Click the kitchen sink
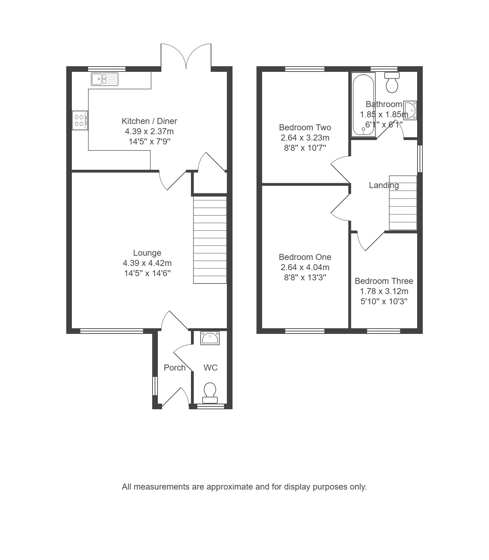pos(105,79)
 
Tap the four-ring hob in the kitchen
pos(80,120)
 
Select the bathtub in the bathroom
pos(363,104)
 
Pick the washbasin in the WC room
pos(210,338)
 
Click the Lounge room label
pos(147,253)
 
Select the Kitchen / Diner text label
pos(149,121)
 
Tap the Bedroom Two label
pos(305,127)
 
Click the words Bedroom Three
pos(384,281)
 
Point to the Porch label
pos(175,368)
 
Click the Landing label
pos(384,185)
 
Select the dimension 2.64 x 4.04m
pos(305,267)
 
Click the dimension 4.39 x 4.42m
pos(147,263)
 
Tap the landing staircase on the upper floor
pos(403,203)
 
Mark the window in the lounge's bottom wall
pos(112,331)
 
